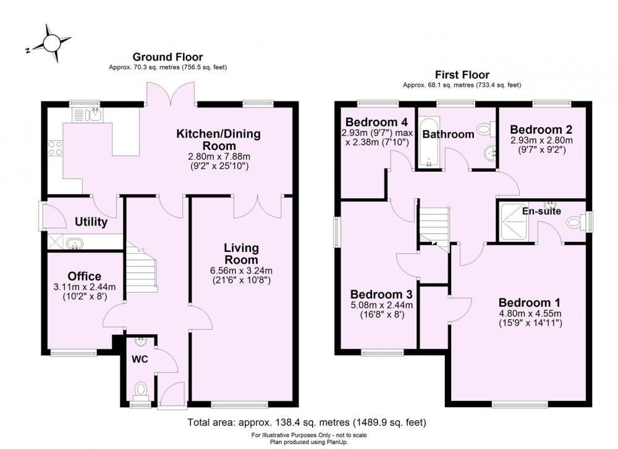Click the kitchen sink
click(87, 114)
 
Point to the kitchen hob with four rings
click(54, 148)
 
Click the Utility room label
click(91, 222)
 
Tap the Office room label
click(85, 276)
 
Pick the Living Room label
click(241, 253)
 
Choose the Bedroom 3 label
click(379, 294)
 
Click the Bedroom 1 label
click(530, 303)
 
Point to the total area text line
click(307, 423)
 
